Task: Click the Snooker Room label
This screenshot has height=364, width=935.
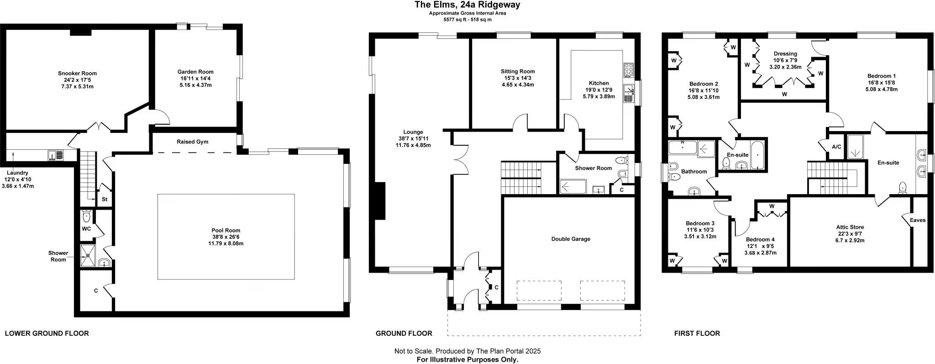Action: [77, 73]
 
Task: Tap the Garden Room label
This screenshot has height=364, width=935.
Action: [195, 72]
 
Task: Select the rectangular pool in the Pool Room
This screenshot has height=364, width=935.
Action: [226, 237]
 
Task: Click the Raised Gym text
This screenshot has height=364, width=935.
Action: [193, 142]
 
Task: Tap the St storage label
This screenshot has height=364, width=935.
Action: [105, 200]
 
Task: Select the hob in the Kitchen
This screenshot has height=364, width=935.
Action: [628, 69]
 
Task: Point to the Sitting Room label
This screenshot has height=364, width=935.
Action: [518, 71]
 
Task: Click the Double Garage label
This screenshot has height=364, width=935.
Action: [571, 239]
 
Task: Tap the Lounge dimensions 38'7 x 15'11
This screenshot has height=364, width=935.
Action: [413, 138]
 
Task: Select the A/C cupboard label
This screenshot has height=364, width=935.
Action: [837, 147]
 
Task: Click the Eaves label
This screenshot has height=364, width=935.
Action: [918, 220]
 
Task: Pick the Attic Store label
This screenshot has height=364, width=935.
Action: [850, 227]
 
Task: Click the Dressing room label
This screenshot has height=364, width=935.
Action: [785, 54]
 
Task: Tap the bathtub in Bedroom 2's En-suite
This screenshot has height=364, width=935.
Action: [757, 156]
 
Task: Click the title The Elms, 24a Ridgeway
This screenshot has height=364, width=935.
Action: [467, 5]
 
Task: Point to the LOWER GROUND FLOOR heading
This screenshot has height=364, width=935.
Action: [47, 333]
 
